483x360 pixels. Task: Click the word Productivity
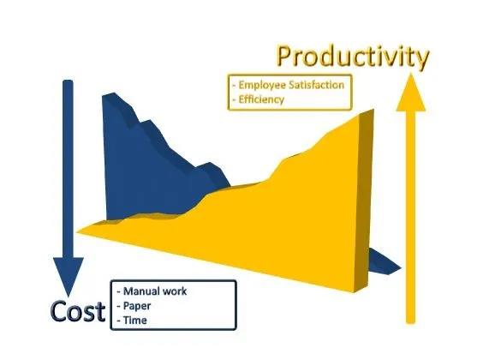[x=353, y=57]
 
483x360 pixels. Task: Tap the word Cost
[x=78, y=311]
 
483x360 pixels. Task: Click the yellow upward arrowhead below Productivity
[x=411, y=93]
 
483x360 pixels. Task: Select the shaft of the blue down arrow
[x=68, y=169]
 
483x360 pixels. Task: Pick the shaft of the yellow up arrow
[x=410, y=218]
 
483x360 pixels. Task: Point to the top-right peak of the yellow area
[x=373, y=110]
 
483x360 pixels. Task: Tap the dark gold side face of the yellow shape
[x=363, y=201]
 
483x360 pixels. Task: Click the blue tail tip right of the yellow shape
[x=401, y=268]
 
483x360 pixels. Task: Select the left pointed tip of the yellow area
[x=77, y=231]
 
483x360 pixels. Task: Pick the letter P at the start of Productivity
[x=285, y=57]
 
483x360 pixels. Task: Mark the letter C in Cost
[x=58, y=312]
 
